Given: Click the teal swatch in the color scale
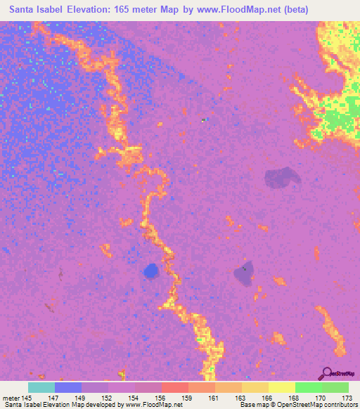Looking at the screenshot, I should (41, 387).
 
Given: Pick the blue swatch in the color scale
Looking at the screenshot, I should (68, 387).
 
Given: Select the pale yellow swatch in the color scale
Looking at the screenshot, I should (281, 387).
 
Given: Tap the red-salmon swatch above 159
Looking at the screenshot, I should (174, 387).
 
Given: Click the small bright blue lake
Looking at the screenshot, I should (150, 270).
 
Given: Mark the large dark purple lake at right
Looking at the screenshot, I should (283, 178).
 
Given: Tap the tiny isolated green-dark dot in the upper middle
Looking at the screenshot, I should (203, 120).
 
